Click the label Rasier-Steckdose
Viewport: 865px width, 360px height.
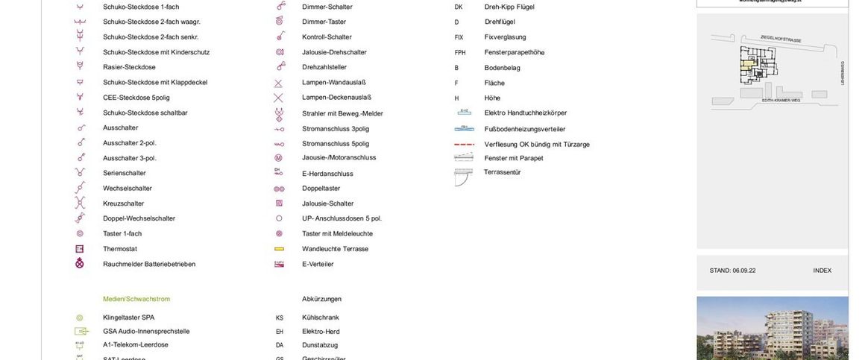(129, 67)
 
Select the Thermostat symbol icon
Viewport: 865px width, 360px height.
(80, 249)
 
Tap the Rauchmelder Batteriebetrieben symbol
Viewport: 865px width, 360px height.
(80, 264)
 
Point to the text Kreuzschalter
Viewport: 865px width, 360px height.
(123, 203)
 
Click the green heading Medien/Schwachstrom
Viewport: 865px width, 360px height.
(136, 299)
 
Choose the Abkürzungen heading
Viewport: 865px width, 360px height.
(321, 299)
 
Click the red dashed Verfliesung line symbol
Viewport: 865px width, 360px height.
(464, 144)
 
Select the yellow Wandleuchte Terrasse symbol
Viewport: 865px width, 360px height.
(279, 249)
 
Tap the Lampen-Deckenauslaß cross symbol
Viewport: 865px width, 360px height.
(279, 98)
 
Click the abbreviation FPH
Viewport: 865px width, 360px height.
(460, 52)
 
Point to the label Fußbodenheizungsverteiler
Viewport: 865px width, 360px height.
(525, 129)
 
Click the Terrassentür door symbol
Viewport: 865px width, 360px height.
(463, 176)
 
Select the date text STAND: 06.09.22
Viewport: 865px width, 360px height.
(732, 271)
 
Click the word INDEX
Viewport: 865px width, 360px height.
(822, 271)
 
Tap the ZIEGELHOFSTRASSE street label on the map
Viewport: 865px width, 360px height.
(781, 38)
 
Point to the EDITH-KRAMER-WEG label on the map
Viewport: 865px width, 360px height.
(782, 100)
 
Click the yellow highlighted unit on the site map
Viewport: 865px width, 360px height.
(746, 66)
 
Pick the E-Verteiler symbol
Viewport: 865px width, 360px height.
(279, 264)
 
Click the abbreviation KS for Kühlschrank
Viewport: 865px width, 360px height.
(280, 318)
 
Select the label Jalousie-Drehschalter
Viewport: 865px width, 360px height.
(334, 52)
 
